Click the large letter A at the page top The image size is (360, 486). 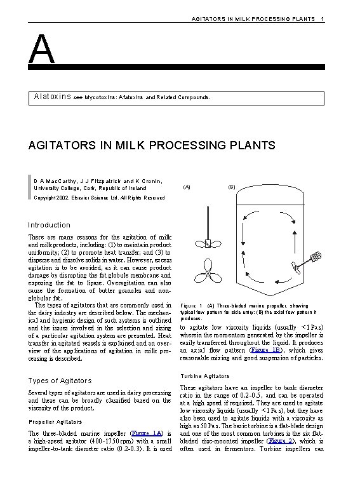point(41,49)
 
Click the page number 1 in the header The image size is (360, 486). point(323,20)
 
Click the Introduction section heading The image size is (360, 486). point(50,225)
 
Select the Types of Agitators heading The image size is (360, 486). point(60,381)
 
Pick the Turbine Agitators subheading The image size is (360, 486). point(205,376)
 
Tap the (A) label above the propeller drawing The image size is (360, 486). point(186,187)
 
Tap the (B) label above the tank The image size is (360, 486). point(232,187)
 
